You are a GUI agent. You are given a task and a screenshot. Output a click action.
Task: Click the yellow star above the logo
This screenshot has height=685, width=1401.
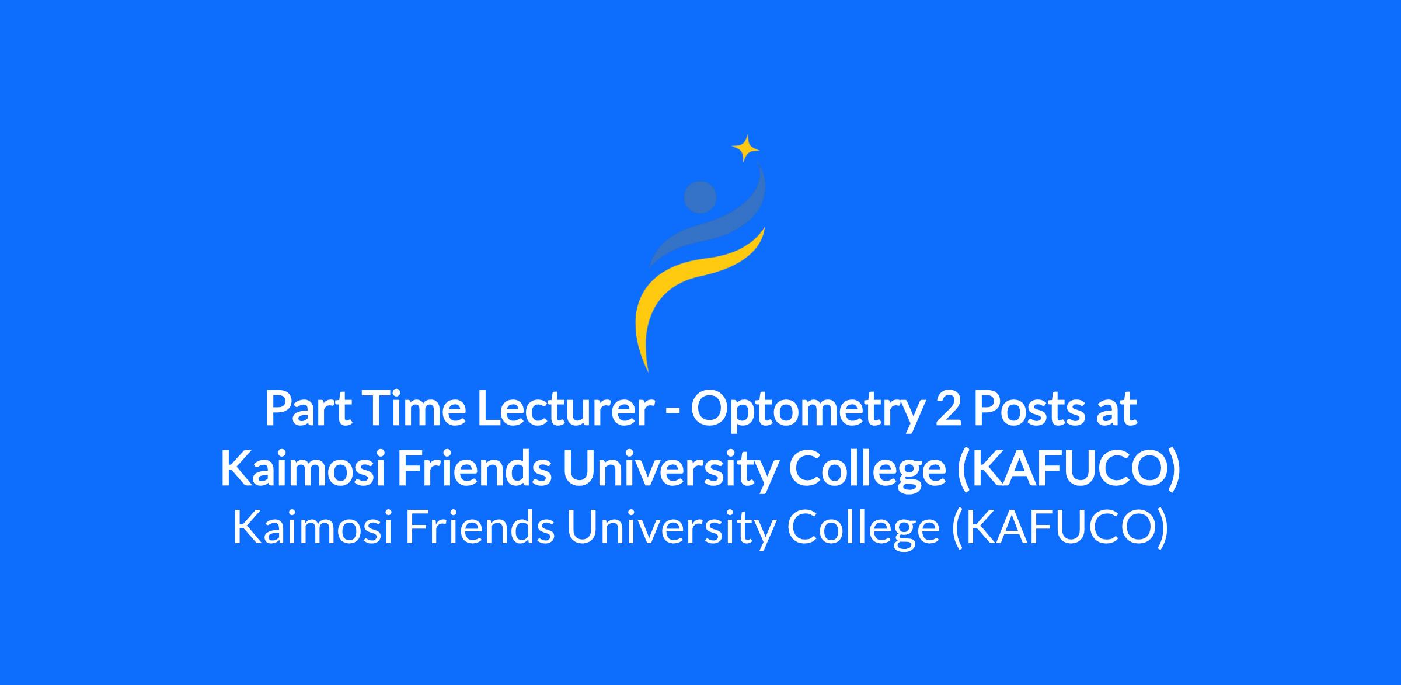(745, 148)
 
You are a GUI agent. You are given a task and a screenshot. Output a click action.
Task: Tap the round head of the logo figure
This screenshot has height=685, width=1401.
(700, 197)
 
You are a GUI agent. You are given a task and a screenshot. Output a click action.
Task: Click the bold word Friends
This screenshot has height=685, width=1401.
(474, 470)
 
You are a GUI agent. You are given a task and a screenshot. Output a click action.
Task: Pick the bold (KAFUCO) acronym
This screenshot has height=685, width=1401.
(1068, 471)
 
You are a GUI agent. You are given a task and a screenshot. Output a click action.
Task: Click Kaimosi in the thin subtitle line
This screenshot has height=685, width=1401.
(312, 527)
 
